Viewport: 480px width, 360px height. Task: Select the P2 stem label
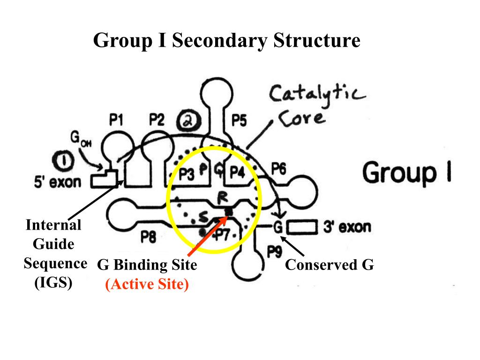pos(157,121)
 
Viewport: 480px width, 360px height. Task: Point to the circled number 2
pos(187,122)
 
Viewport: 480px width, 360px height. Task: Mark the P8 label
pos(149,238)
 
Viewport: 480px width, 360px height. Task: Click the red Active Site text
pos(147,285)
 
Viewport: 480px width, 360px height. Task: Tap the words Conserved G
pos(330,265)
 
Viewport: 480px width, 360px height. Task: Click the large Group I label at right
pos(407,172)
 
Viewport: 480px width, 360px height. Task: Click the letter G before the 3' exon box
pos(278,227)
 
